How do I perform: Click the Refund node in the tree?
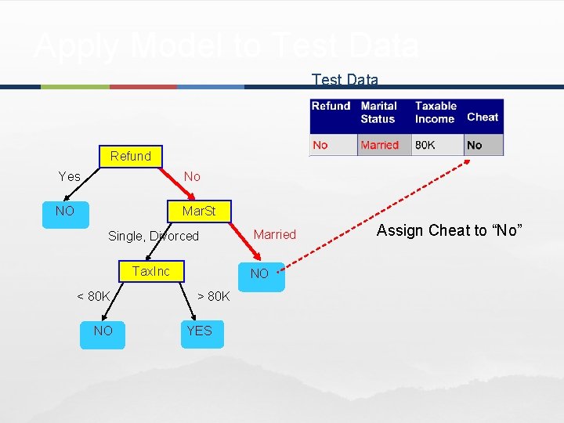point(130,156)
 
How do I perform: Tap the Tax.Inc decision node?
point(150,271)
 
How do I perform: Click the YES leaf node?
point(199,331)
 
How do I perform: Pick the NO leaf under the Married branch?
point(259,273)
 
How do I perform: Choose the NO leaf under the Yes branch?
point(64,211)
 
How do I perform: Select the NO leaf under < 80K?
point(103,331)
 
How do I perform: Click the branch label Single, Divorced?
point(154,236)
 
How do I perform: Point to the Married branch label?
point(274,234)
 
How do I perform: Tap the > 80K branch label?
point(213,296)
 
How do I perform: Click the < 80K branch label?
point(93,296)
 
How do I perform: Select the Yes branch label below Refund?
point(70,176)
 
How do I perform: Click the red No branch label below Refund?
point(192,176)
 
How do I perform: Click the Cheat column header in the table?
point(483,117)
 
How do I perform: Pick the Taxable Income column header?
point(436,112)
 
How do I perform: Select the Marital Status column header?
point(379,112)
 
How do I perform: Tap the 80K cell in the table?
point(425,145)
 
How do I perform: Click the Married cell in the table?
point(380,145)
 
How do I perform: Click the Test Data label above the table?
point(345,80)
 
